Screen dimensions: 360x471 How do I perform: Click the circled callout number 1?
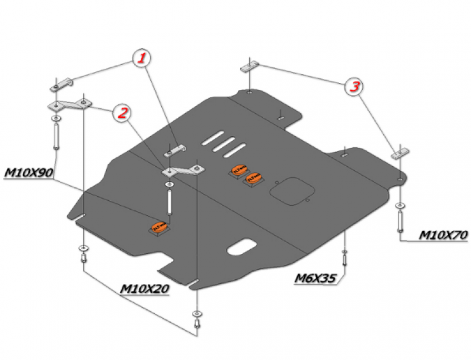pos(142,58)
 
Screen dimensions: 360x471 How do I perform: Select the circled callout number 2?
pos(122,113)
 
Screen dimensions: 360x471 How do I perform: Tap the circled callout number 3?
pos(354,87)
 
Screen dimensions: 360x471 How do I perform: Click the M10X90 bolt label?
pos(29,173)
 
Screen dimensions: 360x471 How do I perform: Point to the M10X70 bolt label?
pos(443,235)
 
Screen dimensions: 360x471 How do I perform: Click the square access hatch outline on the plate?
pos(291,190)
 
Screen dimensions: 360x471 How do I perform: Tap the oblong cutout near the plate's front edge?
pos(241,247)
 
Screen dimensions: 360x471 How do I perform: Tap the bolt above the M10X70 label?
pos(400,220)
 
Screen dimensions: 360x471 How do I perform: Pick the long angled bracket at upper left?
pos(69,106)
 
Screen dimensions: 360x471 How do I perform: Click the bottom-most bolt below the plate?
pos(196,321)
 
